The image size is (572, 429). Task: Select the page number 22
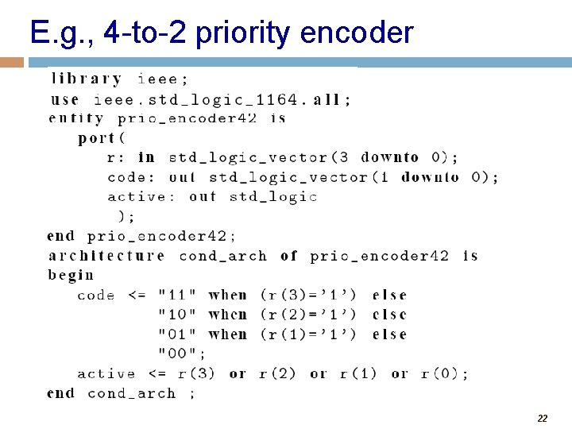[x=543, y=418]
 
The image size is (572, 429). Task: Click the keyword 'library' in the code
[x=87, y=79]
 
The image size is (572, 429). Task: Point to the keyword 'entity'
[x=76, y=118]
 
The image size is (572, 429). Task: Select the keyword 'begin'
[x=71, y=276]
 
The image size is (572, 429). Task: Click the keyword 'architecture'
[x=106, y=256]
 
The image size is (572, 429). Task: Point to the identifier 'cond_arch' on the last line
[x=132, y=393]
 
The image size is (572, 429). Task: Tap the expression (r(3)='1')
[x=308, y=296]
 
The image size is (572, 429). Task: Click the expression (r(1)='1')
[x=308, y=334]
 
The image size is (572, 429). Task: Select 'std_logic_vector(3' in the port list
[x=258, y=157]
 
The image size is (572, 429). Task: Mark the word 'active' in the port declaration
[x=136, y=197]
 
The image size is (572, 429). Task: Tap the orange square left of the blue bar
[x=12, y=62]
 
